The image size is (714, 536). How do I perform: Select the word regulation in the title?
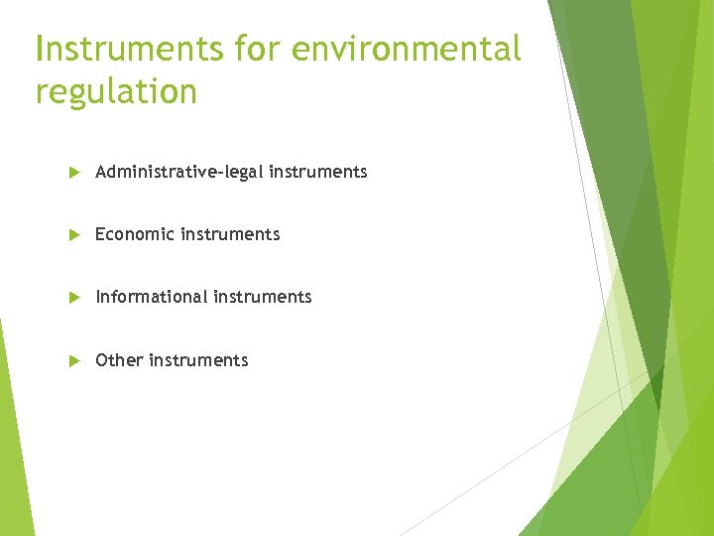click(x=116, y=91)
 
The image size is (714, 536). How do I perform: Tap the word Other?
click(x=119, y=360)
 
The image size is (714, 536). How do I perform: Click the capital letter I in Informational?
click(x=98, y=297)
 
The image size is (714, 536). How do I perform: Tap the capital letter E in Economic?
click(x=100, y=234)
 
